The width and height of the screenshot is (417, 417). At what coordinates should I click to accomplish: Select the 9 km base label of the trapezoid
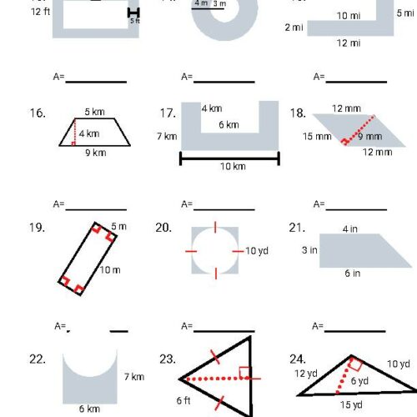[x=95, y=153]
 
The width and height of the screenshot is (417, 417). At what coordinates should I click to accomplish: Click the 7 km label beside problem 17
[x=167, y=136]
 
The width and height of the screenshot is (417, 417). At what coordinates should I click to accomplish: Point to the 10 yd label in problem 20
[x=256, y=250]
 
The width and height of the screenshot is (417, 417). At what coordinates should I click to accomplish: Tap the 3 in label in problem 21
[x=309, y=249]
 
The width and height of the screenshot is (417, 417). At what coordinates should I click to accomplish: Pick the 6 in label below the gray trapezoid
[x=353, y=274]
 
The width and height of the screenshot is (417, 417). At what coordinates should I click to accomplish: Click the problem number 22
[x=36, y=359]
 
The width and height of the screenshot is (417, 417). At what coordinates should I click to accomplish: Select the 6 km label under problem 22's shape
[x=89, y=409]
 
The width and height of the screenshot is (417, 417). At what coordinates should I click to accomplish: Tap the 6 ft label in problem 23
[x=183, y=400]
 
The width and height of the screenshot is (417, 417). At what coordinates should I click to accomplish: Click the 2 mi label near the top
[x=294, y=28]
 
